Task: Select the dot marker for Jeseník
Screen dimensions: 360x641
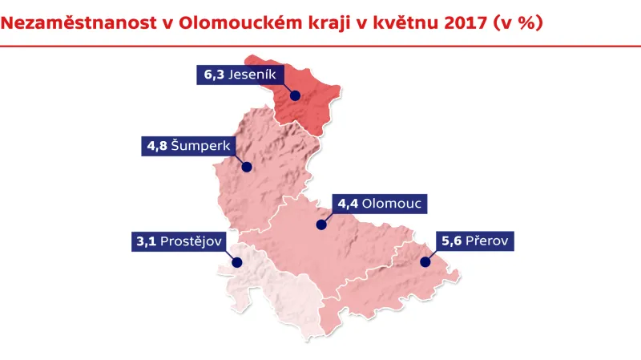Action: [x=295, y=95]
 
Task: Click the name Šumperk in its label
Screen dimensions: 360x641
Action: [x=199, y=147]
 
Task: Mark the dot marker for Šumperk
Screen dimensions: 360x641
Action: [x=247, y=168]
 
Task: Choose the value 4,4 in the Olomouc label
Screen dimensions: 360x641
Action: [x=348, y=204]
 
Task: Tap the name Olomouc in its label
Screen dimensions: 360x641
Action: [x=392, y=204]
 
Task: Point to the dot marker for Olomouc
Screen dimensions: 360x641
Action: [x=321, y=225]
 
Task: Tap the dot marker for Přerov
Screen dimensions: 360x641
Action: [x=425, y=261]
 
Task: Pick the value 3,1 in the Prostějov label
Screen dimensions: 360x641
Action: [x=147, y=241]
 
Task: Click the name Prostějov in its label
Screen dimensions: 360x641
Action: [x=191, y=241]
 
